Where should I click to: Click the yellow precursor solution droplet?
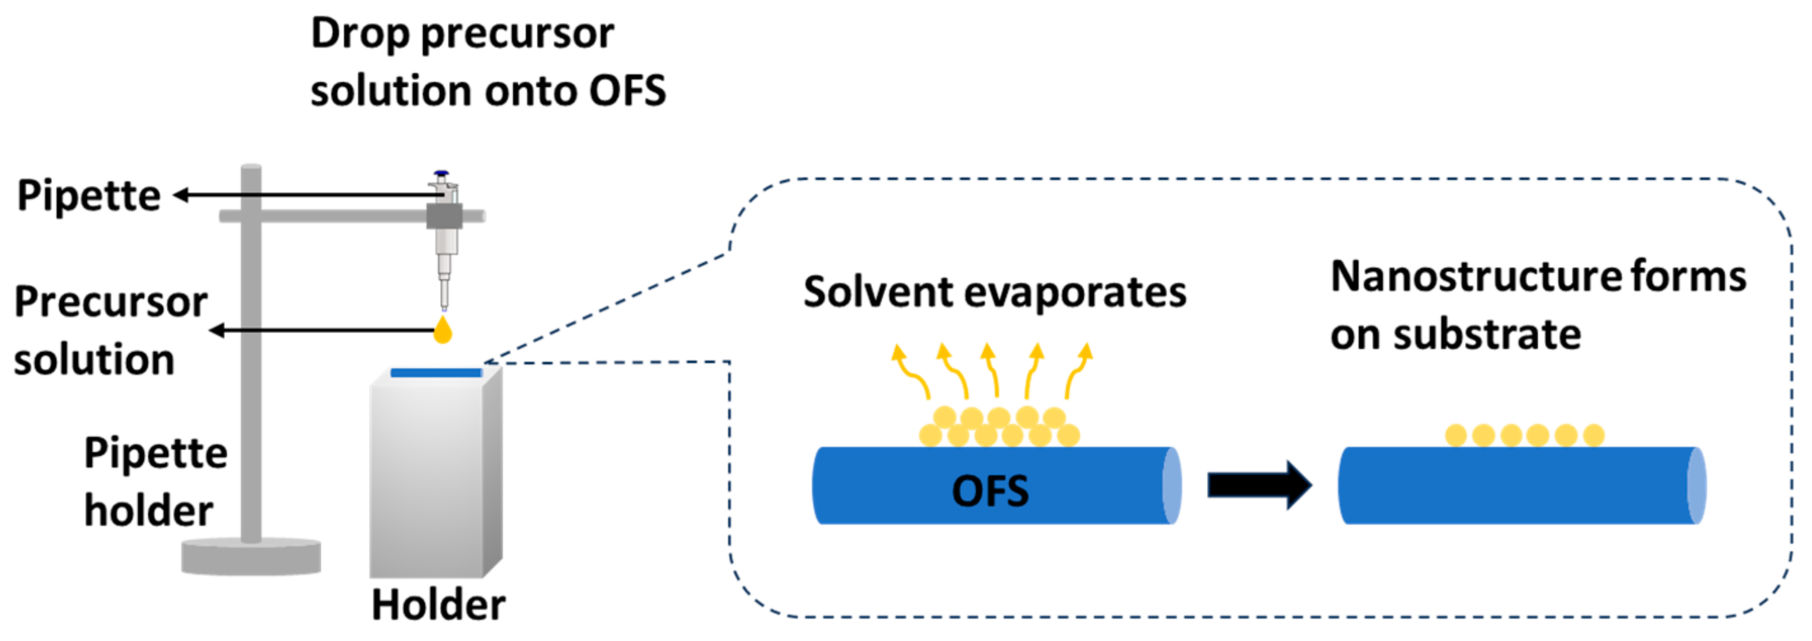pyautogui.click(x=443, y=330)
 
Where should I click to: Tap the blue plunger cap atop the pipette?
pyautogui.click(x=441, y=172)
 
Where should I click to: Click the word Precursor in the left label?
pyautogui.click(x=111, y=302)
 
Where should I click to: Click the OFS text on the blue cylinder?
pyautogui.click(x=990, y=490)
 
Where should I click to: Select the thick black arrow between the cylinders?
pyautogui.click(x=1259, y=485)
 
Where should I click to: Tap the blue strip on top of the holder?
pyautogui.click(x=436, y=372)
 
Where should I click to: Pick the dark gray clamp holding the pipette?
pyautogui.click(x=444, y=216)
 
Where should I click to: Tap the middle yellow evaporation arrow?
pyautogui.click(x=991, y=369)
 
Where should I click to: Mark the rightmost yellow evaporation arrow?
pyautogui.click(x=1077, y=369)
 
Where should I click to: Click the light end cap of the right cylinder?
pyautogui.click(x=1697, y=485)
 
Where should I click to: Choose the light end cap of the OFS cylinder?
pyautogui.click(x=1171, y=485)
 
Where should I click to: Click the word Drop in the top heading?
pyautogui.click(x=359, y=34)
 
